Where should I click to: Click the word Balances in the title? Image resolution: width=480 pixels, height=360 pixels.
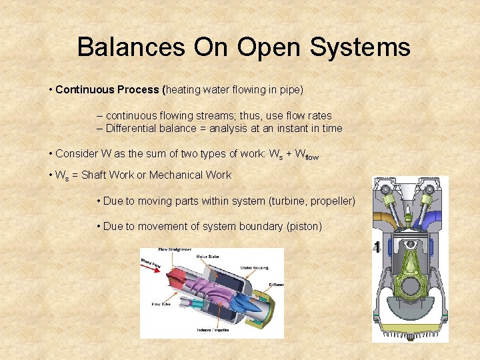coord(131,47)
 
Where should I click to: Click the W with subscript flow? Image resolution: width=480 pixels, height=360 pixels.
coord(307,155)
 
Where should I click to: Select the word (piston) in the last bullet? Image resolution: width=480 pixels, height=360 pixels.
coord(303,226)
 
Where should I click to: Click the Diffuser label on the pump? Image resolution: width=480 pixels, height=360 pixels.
coord(275,285)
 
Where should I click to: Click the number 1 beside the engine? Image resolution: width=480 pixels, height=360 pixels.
coord(377,248)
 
